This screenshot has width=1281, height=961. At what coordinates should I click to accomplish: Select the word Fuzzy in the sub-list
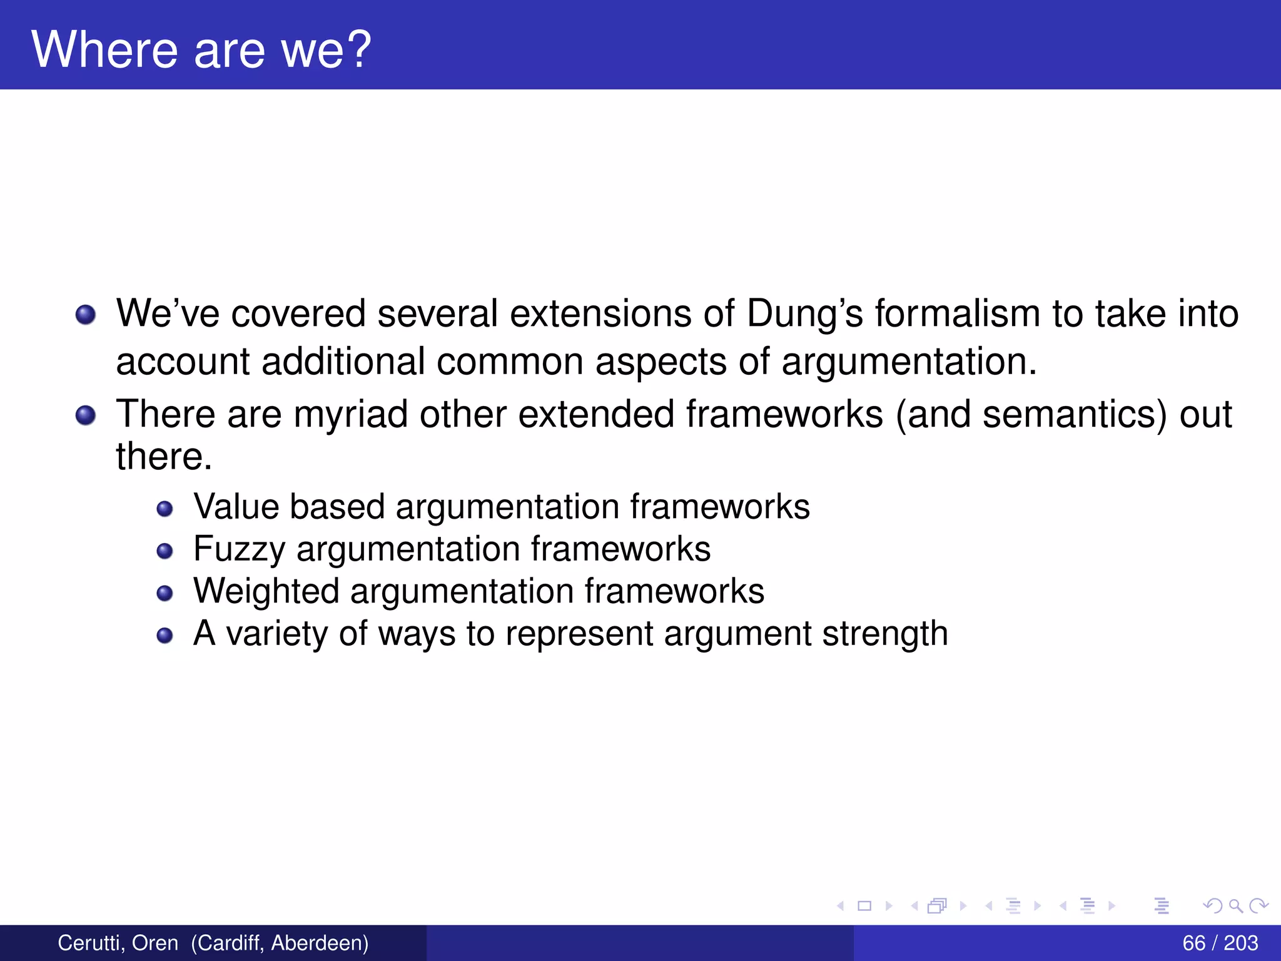click(240, 549)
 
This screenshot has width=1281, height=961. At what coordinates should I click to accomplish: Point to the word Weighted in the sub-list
click(266, 591)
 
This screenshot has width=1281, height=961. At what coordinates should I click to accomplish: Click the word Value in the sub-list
click(236, 506)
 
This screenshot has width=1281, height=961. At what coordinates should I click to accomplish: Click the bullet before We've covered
click(86, 315)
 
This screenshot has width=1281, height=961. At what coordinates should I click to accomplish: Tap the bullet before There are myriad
click(86, 415)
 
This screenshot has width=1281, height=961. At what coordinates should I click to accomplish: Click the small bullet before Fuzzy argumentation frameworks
click(165, 551)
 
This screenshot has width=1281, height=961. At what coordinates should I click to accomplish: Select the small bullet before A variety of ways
click(165, 636)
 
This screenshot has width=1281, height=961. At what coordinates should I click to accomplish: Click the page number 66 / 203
click(1220, 943)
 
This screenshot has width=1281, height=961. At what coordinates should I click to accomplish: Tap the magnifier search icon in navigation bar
click(1235, 905)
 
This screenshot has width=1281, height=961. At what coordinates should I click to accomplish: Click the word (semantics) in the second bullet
click(1075, 415)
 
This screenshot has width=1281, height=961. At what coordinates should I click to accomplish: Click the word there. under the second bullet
click(164, 456)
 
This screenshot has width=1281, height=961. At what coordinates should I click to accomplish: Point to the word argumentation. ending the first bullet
click(909, 362)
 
